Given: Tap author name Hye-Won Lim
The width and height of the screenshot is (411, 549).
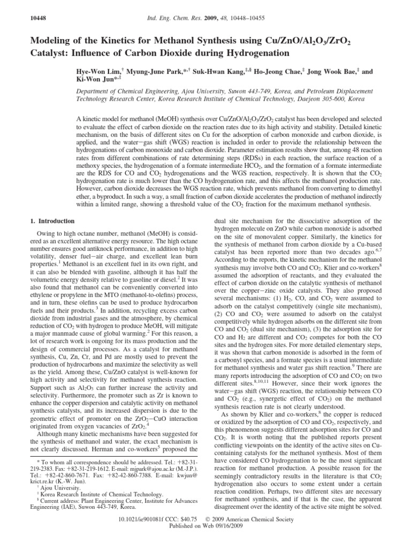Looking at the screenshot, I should point(99,71).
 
